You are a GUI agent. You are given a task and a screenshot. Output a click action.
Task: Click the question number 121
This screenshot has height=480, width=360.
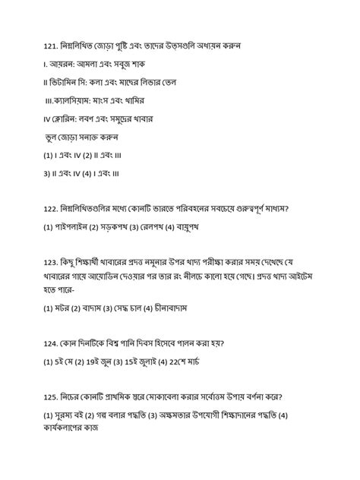52,46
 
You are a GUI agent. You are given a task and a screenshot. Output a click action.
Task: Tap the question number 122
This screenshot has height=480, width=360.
52,207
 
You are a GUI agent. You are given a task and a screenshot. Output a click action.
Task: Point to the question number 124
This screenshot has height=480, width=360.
52,343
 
